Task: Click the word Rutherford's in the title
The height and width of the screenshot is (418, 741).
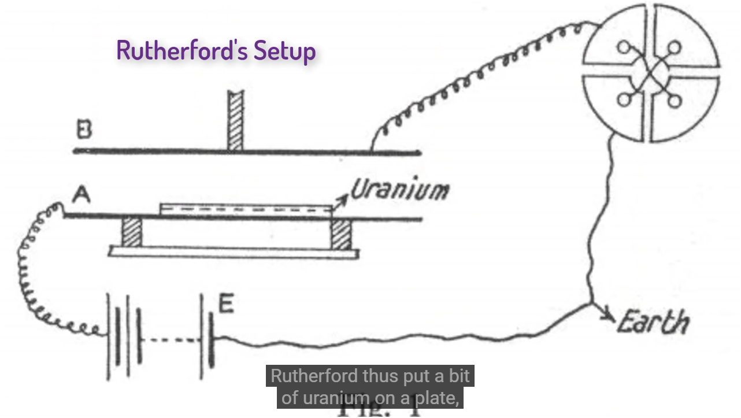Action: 183,50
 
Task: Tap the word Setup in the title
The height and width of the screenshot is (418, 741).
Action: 285,51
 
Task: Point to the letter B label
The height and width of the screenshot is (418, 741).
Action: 84,130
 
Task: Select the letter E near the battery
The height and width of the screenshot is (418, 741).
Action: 226,304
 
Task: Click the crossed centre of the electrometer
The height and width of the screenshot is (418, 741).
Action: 650,74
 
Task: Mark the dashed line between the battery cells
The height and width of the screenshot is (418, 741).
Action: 171,339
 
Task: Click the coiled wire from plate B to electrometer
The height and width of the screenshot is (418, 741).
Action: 474,75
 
